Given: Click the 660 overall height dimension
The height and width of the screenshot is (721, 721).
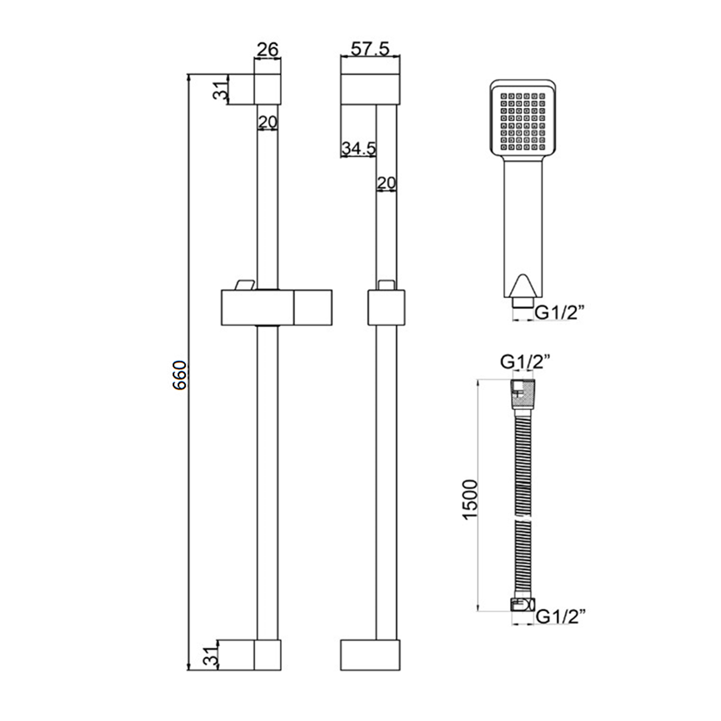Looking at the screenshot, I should tap(180, 375).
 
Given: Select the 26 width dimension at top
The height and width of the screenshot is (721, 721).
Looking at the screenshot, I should tap(267, 50).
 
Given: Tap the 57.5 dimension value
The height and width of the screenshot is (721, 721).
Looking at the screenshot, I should tap(370, 49).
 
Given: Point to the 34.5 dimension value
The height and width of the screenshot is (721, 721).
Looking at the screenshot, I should tap(358, 149).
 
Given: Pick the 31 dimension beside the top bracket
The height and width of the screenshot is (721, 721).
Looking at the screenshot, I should tap(220, 89).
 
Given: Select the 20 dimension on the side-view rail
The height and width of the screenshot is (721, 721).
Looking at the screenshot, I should tap(386, 183).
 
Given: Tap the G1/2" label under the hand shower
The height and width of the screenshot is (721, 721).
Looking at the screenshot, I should tap(559, 313).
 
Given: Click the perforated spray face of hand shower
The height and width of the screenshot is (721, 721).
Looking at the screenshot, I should tap(523, 121).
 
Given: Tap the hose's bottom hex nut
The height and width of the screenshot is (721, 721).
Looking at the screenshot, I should tap(522, 605).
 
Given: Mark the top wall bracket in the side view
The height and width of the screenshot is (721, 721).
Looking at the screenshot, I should tap(370, 89).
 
